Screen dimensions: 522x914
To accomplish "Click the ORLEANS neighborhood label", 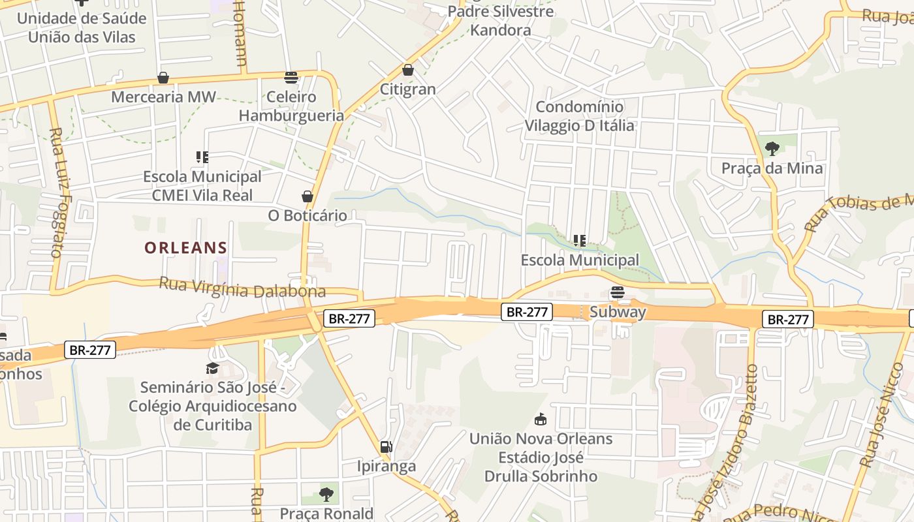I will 185,248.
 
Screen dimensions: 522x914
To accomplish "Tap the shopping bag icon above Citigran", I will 408,70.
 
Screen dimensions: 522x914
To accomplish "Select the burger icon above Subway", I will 618,292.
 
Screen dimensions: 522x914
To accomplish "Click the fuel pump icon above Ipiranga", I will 386,447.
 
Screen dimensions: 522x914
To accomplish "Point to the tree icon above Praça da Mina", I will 772,148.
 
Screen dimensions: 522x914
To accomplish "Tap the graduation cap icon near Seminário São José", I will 212,369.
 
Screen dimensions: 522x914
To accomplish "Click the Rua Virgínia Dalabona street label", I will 242,288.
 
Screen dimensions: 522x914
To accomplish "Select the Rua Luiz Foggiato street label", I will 59,192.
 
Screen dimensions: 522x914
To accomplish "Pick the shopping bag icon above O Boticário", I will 307,196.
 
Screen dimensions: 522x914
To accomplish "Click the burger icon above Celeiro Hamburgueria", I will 291,77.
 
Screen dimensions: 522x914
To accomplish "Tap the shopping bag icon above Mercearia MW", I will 163,78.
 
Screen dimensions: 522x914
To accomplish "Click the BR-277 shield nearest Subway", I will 527,312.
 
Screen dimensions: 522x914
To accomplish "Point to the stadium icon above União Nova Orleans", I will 541,419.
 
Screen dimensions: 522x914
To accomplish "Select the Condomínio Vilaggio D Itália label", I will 580,115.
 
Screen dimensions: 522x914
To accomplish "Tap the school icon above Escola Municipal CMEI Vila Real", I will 202,157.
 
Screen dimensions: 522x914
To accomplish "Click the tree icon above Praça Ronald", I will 326,495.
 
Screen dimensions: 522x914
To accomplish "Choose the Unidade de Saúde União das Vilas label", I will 82,27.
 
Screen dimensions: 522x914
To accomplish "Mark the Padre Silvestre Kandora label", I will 501,20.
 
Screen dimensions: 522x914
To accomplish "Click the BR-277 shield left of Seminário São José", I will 91,350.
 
